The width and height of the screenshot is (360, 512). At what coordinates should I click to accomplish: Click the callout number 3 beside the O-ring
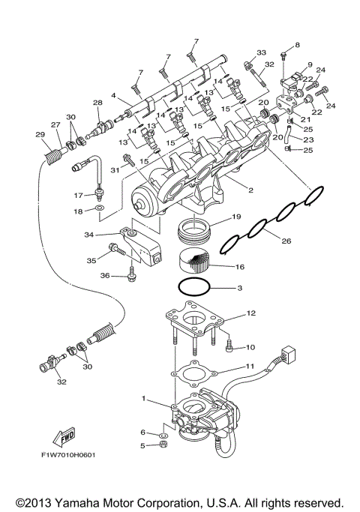tap(240, 287)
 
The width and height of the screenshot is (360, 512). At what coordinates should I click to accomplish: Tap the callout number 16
tap(240, 265)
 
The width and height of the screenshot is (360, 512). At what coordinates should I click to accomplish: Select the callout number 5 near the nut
tap(142, 445)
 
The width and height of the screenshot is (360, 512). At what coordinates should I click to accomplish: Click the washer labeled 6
tap(164, 434)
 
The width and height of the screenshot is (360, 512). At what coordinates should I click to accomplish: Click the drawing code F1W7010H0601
tap(67, 454)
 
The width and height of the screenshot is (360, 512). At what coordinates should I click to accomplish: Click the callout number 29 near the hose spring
tap(39, 134)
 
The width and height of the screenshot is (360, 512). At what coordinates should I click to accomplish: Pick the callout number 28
tap(97, 103)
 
